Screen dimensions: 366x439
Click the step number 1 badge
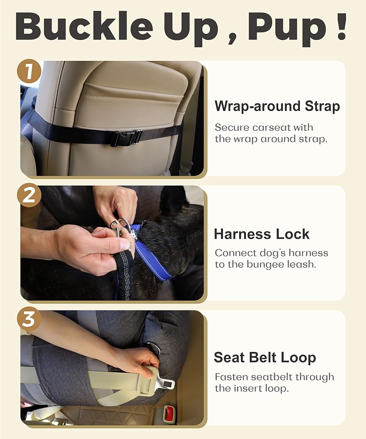29,71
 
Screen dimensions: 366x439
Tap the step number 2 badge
29,195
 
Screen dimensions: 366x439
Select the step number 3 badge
29,319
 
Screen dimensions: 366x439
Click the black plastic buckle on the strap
126,138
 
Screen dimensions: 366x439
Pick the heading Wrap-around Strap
277,106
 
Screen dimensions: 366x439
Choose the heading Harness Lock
261,234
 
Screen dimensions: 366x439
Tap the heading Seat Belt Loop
265,358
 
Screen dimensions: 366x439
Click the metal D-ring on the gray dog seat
154,348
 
